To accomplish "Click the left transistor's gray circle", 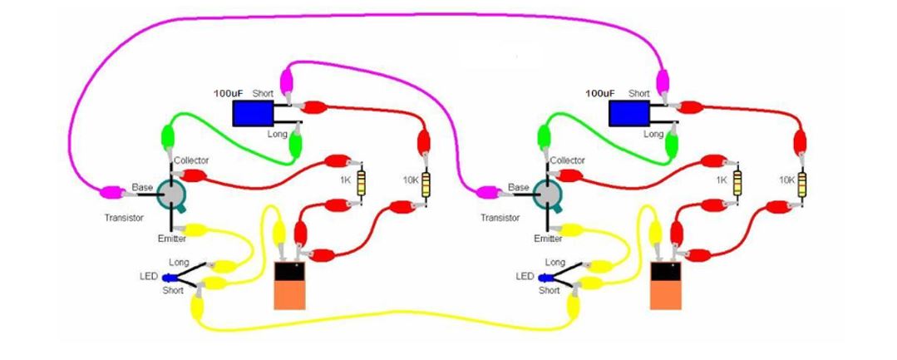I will [172, 193].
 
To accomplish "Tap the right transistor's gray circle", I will [546, 193].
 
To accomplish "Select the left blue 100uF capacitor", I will [253, 113].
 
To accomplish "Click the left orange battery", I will [291, 285].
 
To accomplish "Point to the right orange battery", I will [666, 285].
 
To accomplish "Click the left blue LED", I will [169, 276].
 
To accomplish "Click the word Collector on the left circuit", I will [192, 160].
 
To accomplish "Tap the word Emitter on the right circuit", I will [548, 239].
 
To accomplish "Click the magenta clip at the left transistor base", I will [109, 193].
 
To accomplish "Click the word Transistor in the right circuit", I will [500, 217].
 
